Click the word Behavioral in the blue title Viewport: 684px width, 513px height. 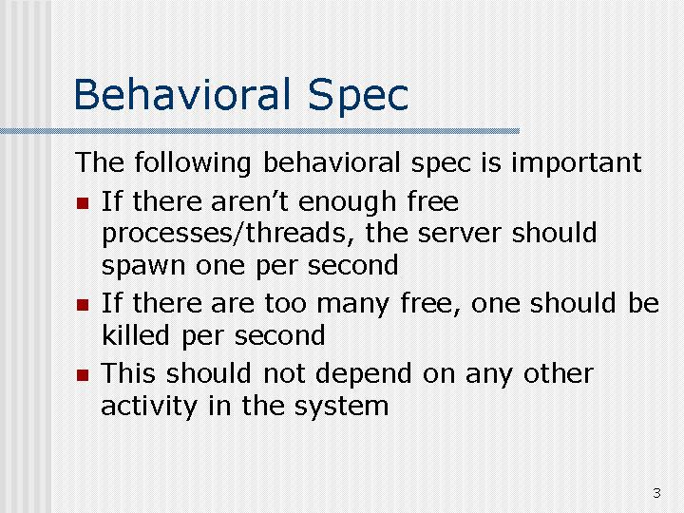182,94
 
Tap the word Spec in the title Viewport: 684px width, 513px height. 358,97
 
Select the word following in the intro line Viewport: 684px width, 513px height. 192,163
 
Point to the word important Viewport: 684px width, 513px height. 576,163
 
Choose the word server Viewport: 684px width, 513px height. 459,234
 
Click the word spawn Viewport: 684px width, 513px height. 143,266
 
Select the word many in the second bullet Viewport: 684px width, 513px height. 352,304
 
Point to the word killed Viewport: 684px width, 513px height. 135,334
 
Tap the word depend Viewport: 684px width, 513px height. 364,374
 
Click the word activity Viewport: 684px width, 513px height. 149,407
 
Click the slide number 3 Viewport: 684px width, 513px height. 656,493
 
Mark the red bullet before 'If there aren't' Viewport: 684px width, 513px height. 83,203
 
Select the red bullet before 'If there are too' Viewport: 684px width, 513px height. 83,305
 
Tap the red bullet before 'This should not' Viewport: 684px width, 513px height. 83,375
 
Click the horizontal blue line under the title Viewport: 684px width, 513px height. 259,131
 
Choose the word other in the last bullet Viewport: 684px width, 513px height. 558,373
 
